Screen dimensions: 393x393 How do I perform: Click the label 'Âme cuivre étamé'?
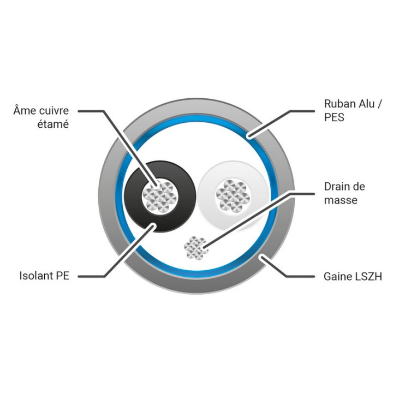(x=41, y=117)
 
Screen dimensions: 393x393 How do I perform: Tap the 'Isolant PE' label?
(x=44, y=276)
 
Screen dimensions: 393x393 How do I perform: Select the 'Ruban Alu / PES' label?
(x=353, y=110)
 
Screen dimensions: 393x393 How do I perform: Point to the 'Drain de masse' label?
(x=344, y=193)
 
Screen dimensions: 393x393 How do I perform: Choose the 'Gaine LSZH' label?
(x=353, y=276)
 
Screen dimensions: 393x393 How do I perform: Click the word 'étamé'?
(x=53, y=124)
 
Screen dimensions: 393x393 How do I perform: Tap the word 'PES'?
(x=334, y=117)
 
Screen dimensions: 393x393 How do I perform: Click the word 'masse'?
(x=341, y=200)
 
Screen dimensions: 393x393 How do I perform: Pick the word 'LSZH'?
(x=368, y=276)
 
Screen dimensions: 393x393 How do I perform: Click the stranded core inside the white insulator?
(x=234, y=196)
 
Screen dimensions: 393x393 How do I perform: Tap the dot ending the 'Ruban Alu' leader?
(x=249, y=136)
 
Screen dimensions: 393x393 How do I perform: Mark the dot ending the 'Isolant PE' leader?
(x=152, y=226)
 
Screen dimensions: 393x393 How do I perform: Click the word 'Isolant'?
(x=36, y=276)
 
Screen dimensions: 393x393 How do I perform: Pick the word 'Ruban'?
(x=337, y=104)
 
